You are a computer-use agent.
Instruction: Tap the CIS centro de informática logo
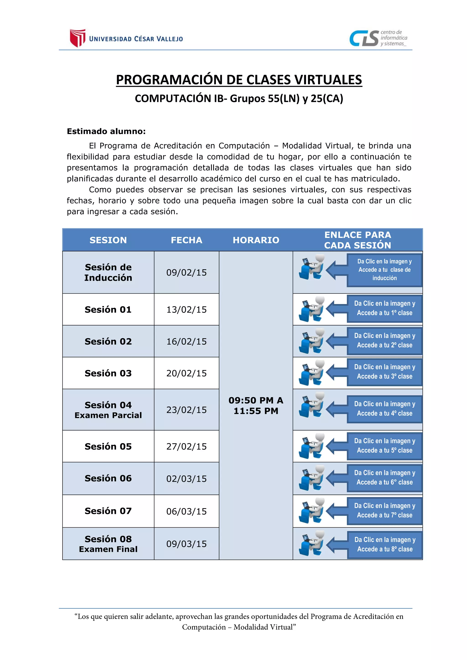[378, 38]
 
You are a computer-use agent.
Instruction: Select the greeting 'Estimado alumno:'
[106, 131]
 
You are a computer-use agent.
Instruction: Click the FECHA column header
[186, 240]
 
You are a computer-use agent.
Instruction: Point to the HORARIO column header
[256, 240]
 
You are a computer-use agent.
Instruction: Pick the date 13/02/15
[186, 309]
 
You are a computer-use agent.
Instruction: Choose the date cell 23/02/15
[186, 410]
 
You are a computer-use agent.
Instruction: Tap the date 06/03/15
[186, 511]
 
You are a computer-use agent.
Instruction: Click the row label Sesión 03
[108, 373]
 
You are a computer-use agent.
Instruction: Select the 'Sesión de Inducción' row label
[108, 273]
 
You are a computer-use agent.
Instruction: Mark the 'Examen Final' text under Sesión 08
[108, 549]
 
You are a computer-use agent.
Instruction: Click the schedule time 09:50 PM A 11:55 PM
[256, 406]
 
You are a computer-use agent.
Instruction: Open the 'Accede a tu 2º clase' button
[384, 341]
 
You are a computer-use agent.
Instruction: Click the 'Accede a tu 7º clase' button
[384, 511]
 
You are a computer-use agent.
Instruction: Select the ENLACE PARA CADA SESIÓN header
[358, 240]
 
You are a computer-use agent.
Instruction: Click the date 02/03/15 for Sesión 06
[186, 479]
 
